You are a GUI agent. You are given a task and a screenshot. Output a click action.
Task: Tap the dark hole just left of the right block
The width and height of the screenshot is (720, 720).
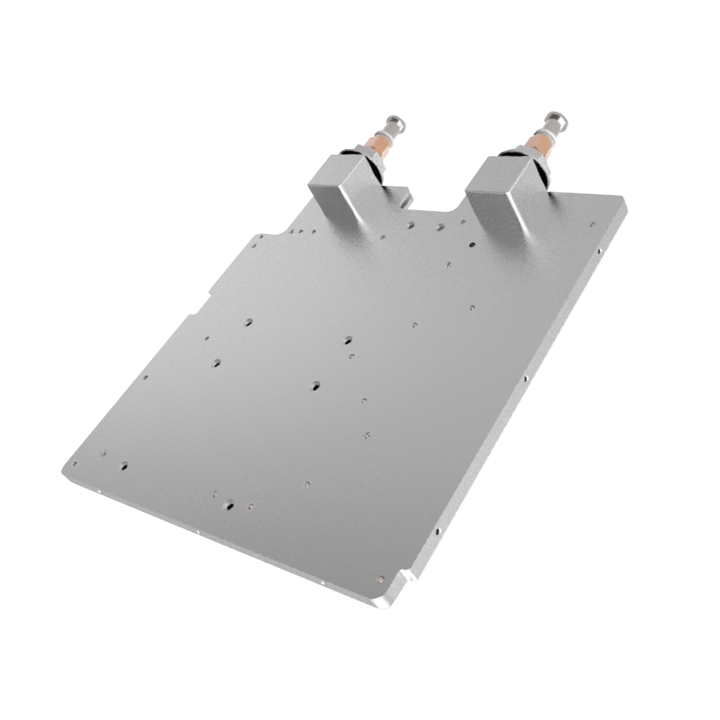point(469,246)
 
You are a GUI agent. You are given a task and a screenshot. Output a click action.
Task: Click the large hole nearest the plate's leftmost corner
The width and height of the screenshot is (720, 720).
point(125,465)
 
